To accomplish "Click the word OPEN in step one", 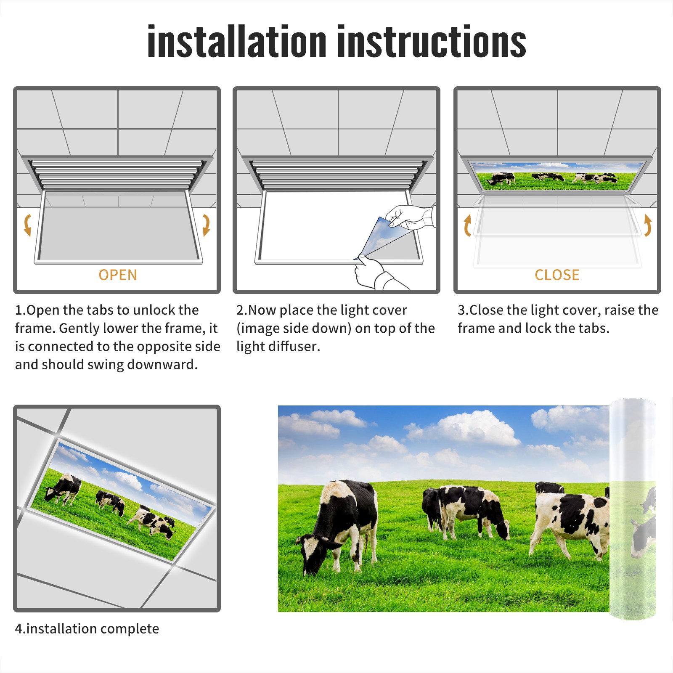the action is point(118,275).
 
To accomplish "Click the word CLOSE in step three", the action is point(557,275).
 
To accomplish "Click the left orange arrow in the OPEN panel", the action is point(27,225).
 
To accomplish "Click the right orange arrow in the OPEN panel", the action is point(206,225).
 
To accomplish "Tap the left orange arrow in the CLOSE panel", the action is point(467,225).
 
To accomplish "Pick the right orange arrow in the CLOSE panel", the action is point(648,225).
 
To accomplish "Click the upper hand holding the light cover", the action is point(410,217).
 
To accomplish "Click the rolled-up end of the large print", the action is point(633,509).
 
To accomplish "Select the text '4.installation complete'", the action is point(87,628).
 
